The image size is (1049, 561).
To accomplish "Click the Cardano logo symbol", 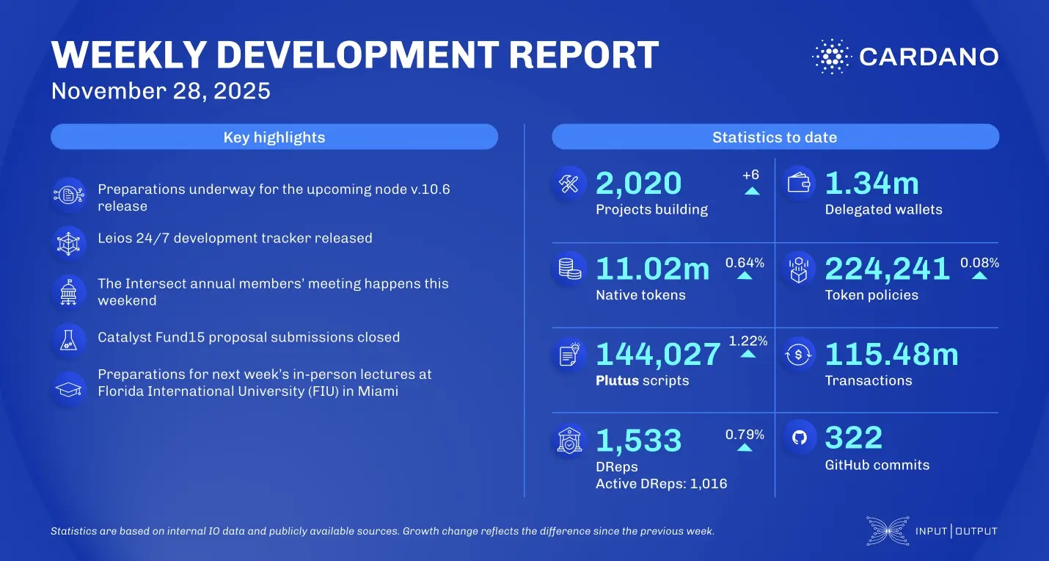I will tap(830, 57).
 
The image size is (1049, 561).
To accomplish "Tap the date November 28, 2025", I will tap(161, 91).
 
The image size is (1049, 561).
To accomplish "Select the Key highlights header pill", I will tap(274, 137).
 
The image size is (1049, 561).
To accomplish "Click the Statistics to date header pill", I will tap(775, 137).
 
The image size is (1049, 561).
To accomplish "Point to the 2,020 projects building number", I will tap(638, 184).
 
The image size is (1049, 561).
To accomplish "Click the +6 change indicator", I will tap(751, 175).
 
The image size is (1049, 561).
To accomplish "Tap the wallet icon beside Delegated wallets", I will tap(799, 184).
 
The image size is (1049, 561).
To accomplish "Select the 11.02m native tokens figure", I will tap(652, 269).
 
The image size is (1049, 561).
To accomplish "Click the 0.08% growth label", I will tap(979, 263).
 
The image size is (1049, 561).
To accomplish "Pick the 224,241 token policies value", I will tap(888, 269).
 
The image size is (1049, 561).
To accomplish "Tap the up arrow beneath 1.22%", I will tap(748, 354).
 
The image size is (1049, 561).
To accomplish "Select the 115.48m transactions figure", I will tap(891, 354).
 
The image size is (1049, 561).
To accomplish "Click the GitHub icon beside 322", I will tap(799, 438).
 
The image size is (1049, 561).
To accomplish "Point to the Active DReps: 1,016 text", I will tap(661, 483).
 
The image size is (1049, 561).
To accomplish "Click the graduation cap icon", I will tap(69, 388).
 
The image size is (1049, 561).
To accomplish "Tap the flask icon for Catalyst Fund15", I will tap(69, 339).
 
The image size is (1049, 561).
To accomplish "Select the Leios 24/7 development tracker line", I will tap(235, 238).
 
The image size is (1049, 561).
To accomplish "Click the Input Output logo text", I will tap(956, 531).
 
